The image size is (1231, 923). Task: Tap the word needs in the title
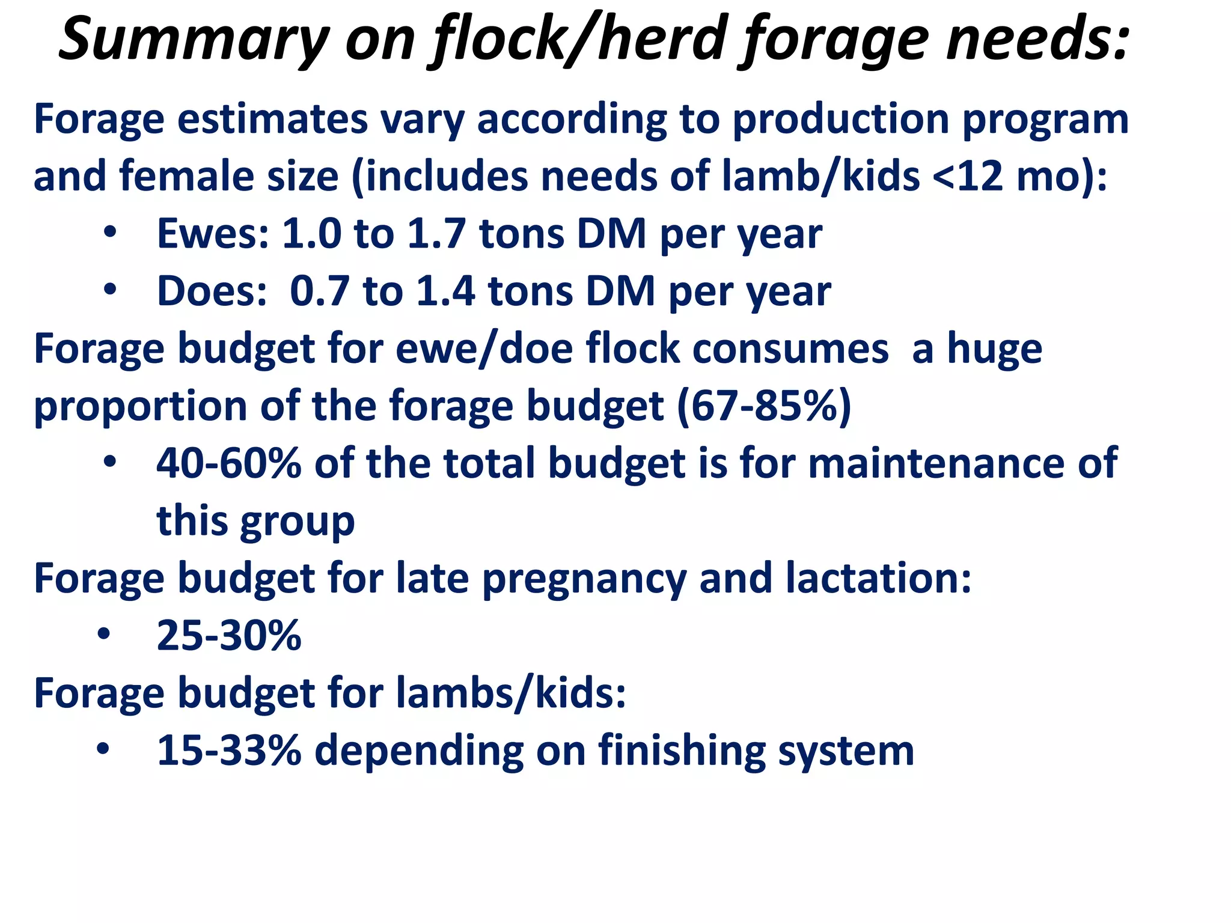click(1037, 39)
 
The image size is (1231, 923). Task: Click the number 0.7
click(319, 291)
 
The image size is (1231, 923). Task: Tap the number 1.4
click(445, 291)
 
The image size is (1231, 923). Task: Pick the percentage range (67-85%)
click(764, 406)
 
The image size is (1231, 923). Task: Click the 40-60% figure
click(228, 463)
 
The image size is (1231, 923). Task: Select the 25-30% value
click(228, 636)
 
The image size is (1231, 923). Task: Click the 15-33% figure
click(228, 751)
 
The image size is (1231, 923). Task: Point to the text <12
click(968, 176)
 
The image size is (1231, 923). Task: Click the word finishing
click(682, 751)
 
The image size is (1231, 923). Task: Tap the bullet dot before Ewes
click(109, 233)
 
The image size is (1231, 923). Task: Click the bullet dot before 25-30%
click(103, 634)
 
